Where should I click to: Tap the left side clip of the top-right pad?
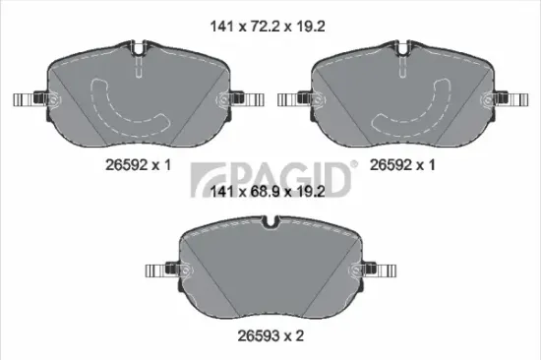coord(294,98)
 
